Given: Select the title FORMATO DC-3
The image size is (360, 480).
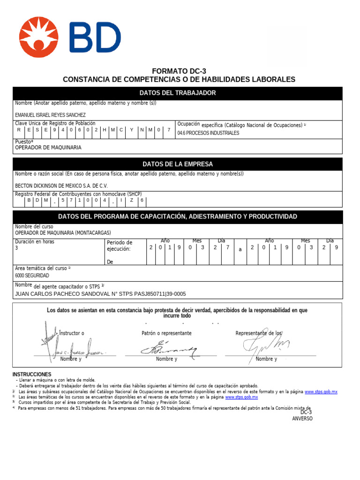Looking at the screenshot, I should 179,71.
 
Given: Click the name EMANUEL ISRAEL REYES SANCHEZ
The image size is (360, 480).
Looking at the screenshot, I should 50,115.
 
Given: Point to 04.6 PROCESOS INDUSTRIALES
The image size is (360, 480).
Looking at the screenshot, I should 208,133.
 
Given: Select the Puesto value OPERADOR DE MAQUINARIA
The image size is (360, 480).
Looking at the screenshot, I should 48,148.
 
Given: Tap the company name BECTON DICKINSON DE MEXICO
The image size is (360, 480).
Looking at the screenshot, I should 61,186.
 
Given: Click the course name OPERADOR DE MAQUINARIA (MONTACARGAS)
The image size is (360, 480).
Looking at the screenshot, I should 63,233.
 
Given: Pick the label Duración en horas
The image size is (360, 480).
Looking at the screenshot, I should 35,242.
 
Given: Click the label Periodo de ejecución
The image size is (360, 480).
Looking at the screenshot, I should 120,246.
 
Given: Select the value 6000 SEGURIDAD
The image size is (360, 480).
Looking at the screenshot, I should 32,276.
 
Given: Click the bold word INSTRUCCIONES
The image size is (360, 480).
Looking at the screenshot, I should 32,375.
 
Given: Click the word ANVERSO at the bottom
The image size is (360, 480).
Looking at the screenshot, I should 302,419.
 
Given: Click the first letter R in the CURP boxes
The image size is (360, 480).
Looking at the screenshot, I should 19,130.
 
